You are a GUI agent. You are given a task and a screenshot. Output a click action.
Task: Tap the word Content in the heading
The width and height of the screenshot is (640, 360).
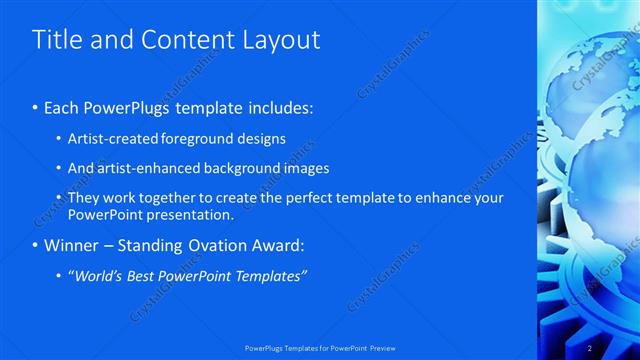point(185,40)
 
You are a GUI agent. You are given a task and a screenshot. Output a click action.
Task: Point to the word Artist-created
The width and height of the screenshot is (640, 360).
point(110,138)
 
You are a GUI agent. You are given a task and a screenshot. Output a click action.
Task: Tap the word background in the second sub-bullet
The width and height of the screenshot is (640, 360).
point(250,168)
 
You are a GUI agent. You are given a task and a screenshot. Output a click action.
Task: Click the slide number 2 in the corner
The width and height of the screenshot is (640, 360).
point(590,348)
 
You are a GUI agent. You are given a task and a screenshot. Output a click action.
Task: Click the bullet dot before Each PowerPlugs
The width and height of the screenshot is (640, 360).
point(37,107)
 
